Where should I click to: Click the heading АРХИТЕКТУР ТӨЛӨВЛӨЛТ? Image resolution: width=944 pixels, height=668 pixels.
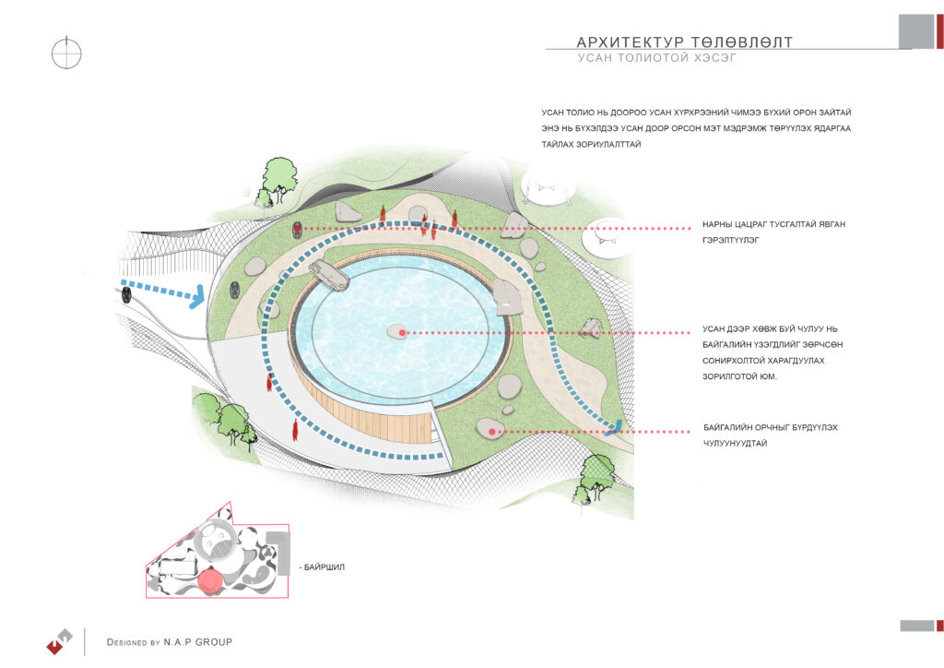tap(683, 42)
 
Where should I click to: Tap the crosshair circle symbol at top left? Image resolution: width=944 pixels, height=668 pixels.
tap(66, 52)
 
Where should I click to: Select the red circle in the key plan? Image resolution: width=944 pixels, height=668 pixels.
tap(210, 580)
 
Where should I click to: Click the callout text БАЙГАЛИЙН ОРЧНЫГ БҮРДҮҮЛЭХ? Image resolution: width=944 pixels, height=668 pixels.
tap(770, 428)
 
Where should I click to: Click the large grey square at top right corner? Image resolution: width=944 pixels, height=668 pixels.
tap(915, 31)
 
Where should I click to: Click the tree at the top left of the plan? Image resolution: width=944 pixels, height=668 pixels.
tap(278, 175)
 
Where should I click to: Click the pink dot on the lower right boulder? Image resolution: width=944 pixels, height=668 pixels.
tap(493, 431)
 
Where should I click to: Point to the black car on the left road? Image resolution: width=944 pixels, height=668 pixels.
tap(124, 294)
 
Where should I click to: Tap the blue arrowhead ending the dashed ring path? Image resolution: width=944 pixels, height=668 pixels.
tap(617, 426)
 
